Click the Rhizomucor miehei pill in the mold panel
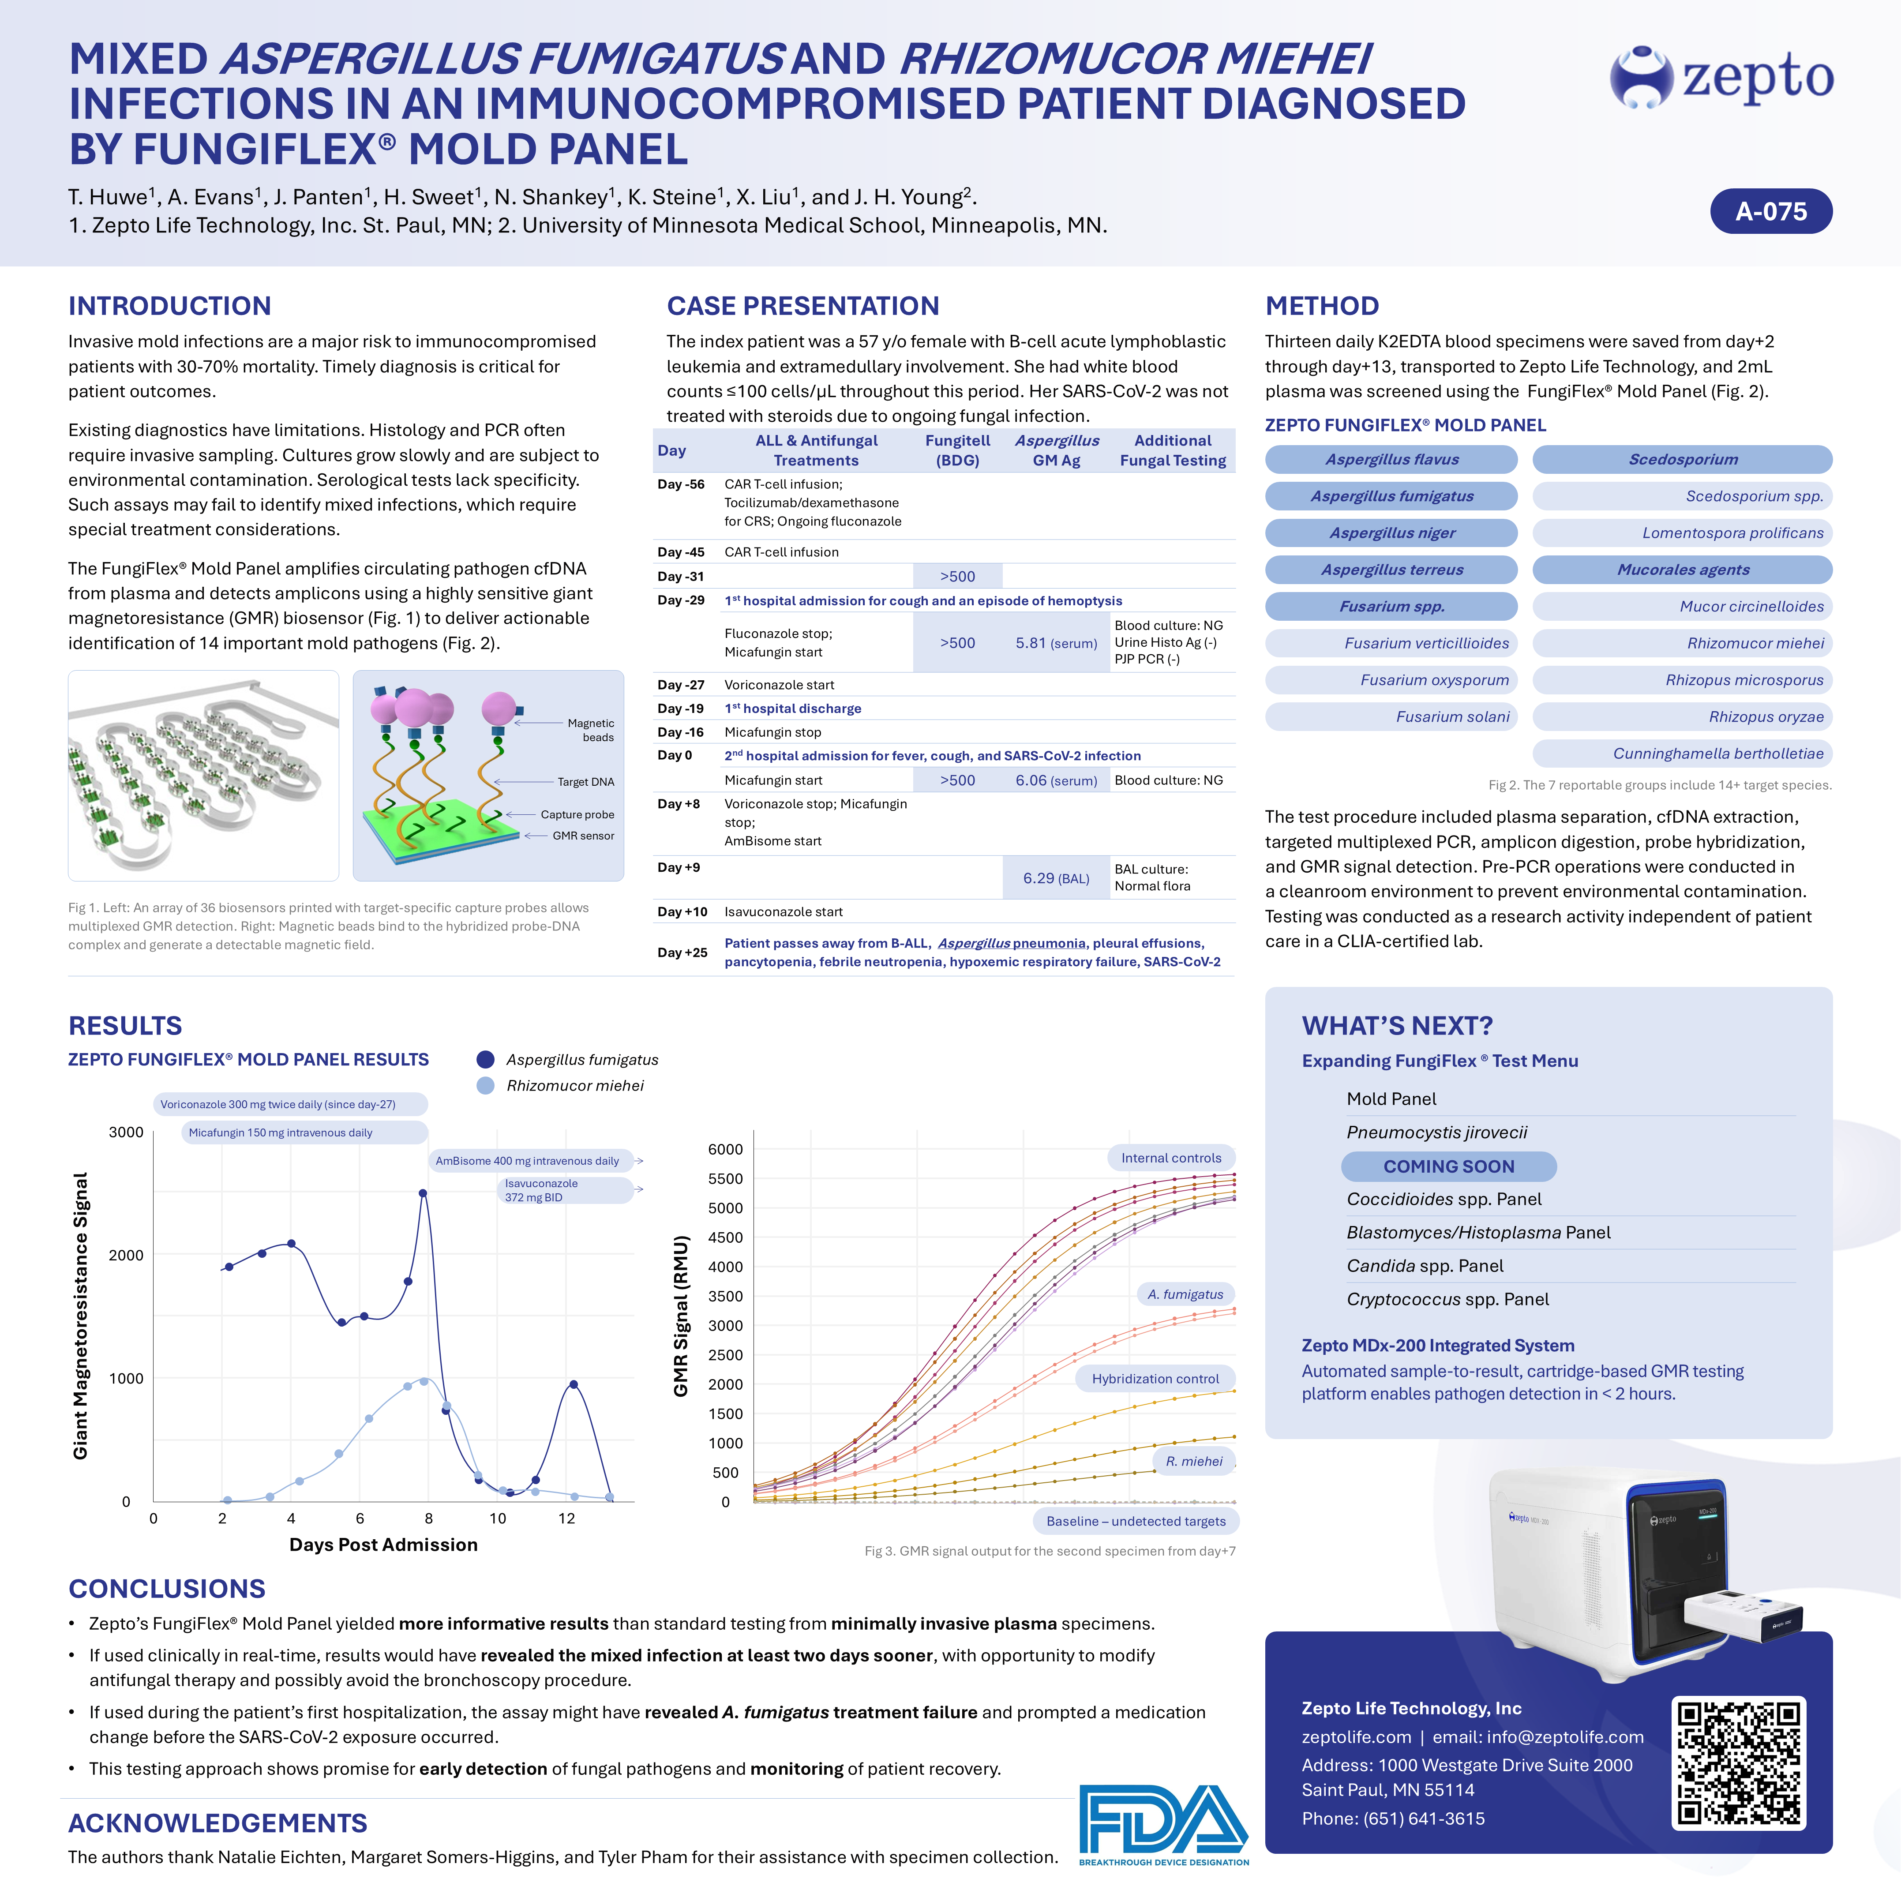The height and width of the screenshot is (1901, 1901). [1683, 644]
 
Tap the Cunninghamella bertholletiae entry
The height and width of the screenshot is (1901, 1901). [1683, 754]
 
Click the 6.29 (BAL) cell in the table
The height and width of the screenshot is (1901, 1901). [1056, 877]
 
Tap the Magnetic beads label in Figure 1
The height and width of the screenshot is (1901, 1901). [590, 730]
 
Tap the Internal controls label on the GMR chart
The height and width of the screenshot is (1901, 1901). [1171, 1158]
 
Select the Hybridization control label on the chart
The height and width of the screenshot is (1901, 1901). [1155, 1379]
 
